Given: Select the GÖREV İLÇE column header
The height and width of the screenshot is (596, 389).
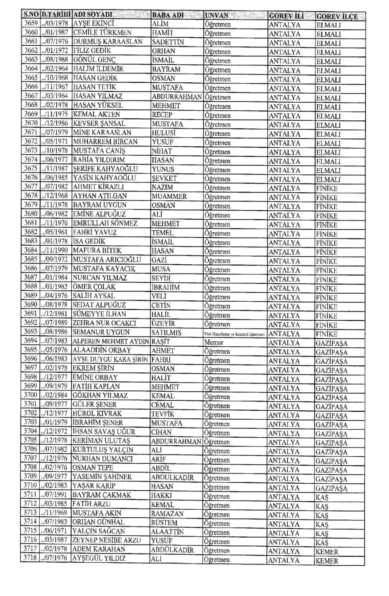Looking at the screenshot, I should [x=337, y=16].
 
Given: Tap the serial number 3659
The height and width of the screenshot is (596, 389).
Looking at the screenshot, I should [x=31, y=24].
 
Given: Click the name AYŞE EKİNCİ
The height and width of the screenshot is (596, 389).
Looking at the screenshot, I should [x=94, y=24].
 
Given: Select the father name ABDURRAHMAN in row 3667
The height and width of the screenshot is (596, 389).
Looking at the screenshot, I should [x=177, y=96].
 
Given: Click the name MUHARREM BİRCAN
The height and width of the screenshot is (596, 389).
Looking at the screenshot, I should [x=105, y=141].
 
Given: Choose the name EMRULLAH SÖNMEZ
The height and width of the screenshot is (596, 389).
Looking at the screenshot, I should [x=105, y=223].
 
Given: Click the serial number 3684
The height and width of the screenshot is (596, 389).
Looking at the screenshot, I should [x=30, y=251].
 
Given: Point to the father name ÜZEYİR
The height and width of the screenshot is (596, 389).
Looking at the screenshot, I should [x=164, y=324].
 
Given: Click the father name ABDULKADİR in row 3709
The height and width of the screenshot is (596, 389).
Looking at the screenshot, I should [x=172, y=478].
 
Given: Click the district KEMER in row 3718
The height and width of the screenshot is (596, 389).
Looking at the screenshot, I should [x=327, y=561].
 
